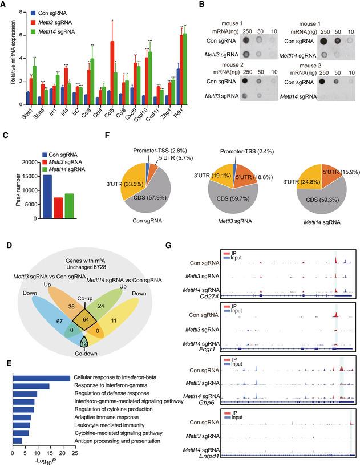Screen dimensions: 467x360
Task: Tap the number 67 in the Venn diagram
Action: [x=42, y=321]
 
